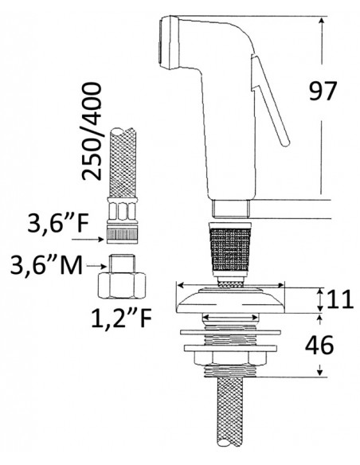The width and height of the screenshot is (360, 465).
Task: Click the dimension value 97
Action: click(323, 91)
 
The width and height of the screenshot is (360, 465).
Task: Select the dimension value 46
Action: click(319, 346)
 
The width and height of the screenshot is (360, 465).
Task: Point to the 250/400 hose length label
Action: click(92, 131)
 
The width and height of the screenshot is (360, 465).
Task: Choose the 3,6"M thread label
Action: click(46, 265)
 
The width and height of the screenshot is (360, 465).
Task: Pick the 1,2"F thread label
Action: click(121, 318)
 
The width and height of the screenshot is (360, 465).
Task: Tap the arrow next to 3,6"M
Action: click(96, 266)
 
